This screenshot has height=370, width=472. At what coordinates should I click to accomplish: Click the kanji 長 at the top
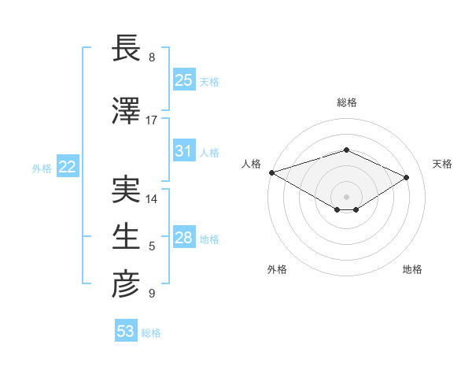(126, 48)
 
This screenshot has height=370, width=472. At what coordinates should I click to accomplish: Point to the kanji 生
(126, 238)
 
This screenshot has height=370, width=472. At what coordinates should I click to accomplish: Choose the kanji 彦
(126, 285)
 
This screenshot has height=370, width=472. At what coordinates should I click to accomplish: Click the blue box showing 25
(184, 80)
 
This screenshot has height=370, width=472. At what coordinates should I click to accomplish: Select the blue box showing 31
(184, 151)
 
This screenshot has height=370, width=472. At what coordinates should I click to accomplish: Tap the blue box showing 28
(184, 238)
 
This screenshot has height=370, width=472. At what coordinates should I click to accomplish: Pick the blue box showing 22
(67, 167)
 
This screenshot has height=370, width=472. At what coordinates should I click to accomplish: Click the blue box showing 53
(125, 331)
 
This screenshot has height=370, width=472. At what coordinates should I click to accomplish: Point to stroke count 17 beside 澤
(152, 120)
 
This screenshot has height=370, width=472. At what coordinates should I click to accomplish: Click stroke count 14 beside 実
(152, 199)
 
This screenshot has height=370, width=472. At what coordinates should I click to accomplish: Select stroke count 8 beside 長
(152, 57)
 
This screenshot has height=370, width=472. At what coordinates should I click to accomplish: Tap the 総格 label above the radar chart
(347, 102)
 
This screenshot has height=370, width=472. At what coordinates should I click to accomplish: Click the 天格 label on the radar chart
(443, 164)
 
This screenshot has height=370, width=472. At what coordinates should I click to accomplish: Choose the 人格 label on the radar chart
(251, 164)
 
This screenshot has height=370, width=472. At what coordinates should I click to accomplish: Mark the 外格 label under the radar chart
(277, 269)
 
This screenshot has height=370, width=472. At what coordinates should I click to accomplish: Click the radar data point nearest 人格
(271, 172)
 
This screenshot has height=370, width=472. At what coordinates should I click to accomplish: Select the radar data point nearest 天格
(407, 177)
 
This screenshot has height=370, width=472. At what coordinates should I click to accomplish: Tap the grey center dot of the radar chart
(346, 195)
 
